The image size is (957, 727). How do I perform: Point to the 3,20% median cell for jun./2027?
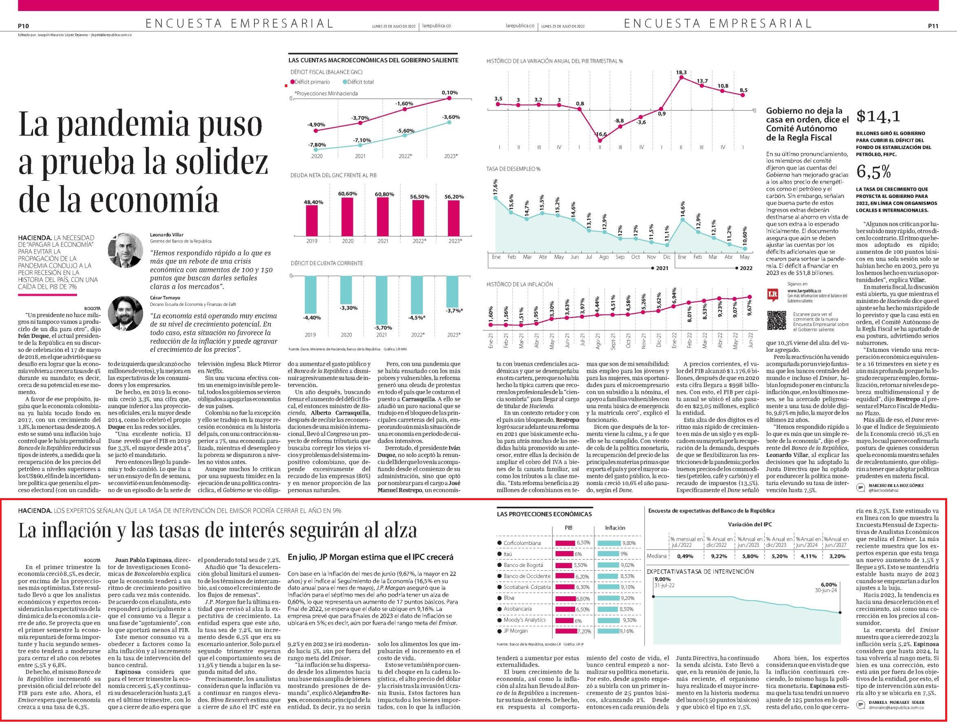(837, 556)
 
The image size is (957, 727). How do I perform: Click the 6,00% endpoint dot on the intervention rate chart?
(840, 612)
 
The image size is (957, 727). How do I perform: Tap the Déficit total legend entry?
(358, 82)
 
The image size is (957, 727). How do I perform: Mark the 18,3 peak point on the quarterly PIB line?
(681, 77)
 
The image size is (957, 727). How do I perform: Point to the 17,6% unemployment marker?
(496, 198)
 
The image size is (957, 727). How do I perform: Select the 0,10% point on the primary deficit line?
(449, 98)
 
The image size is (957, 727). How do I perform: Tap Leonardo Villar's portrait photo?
(125, 250)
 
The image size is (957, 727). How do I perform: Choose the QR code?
(776, 320)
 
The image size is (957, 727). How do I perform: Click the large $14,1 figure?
(878, 116)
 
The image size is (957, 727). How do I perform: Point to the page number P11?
(933, 26)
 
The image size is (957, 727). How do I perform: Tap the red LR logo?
(772, 295)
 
